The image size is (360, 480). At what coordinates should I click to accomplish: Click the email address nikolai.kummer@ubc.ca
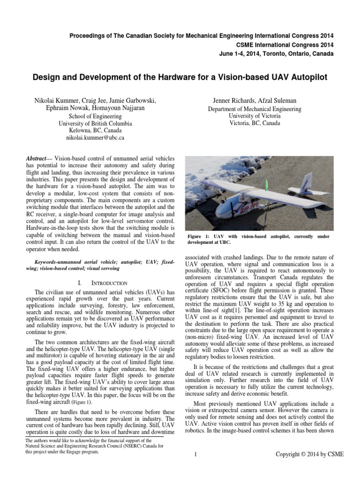[x=95, y=139]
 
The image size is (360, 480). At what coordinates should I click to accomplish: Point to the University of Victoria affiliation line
[x=255, y=116]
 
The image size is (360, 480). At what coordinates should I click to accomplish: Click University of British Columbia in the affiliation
[x=95, y=124]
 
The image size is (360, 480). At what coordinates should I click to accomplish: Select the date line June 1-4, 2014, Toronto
[x=276, y=54]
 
